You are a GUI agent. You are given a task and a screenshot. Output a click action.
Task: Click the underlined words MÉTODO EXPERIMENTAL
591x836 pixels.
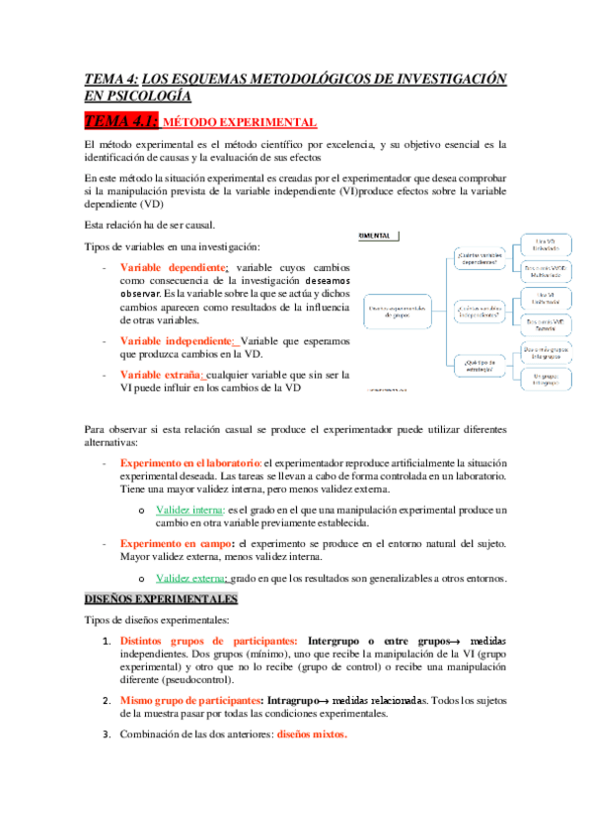tap(239, 122)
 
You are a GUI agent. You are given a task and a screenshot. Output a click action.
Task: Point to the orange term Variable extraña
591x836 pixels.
tap(161, 374)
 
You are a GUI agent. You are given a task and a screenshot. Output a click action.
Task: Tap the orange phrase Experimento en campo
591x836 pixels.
tap(174, 543)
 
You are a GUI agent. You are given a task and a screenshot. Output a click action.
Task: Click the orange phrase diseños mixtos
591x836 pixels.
tap(312, 733)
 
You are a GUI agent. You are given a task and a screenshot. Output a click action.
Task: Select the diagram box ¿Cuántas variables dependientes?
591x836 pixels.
tap(481, 259)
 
